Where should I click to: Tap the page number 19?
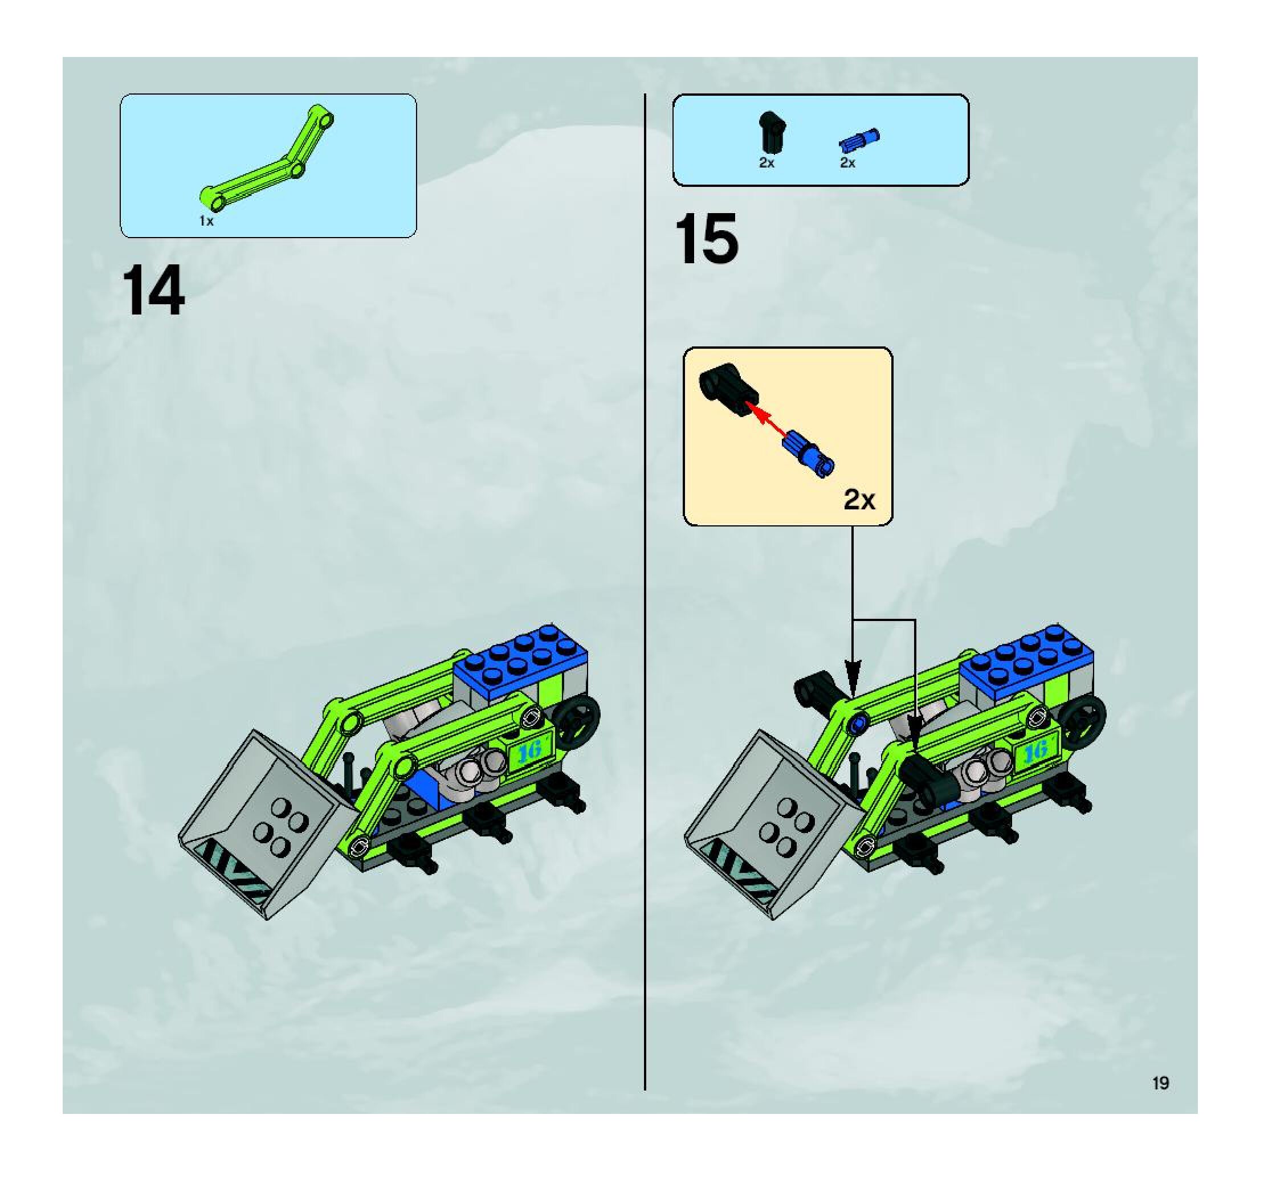tap(1160, 1083)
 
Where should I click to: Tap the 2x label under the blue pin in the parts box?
tap(847, 163)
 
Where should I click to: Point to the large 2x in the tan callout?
tap(859, 500)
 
